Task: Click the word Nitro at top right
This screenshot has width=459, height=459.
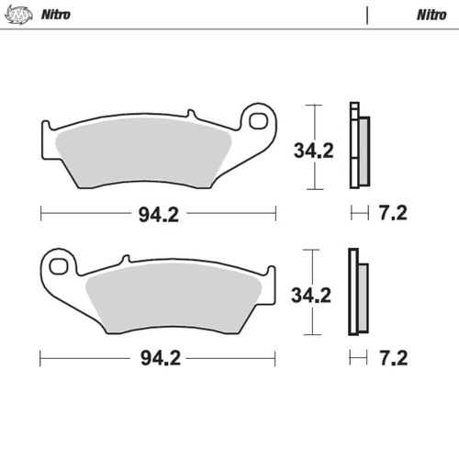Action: tap(431, 15)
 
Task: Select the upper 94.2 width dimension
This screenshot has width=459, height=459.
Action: tap(158, 214)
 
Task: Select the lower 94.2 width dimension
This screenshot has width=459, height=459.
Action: tap(158, 356)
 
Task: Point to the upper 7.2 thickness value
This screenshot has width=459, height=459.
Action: tap(392, 214)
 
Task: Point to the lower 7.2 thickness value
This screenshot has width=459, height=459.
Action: tap(392, 356)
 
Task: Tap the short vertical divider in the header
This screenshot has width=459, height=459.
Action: tap(367, 15)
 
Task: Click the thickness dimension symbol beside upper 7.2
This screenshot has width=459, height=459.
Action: tap(359, 214)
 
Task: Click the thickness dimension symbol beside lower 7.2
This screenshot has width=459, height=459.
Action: tap(359, 356)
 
